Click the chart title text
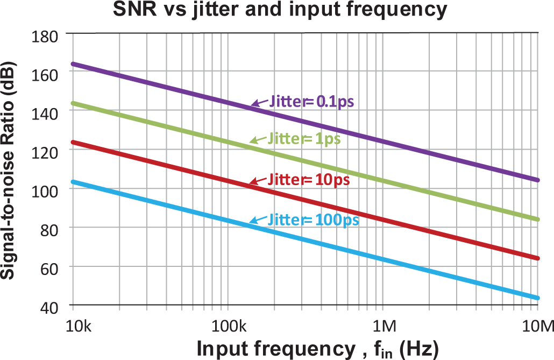pyautogui.click(x=279, y=10)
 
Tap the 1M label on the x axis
pyautogui.click(x=383, y=326)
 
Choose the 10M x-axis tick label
pyautogui.click(x=536, y=326)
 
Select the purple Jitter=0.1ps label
pyautogui.click(x=311, y=101)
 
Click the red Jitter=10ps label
pyautogui.click(x=309, y=179)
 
